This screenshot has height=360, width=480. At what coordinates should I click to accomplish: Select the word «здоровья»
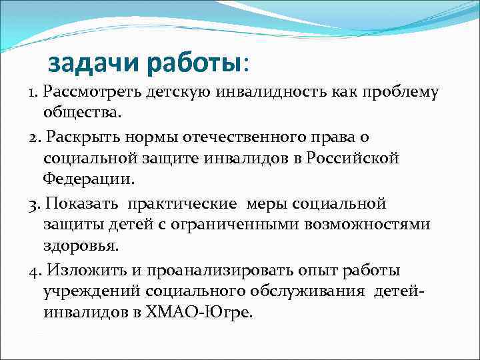pyautogui.click(x=81, y=246)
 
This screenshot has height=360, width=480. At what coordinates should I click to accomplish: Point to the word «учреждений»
pyautogui.click(x=91, y=291)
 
